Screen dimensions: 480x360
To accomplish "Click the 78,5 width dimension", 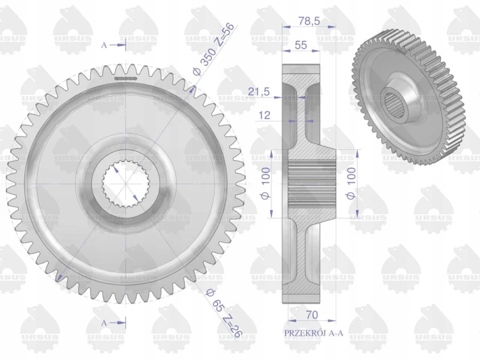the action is tap(308, 21).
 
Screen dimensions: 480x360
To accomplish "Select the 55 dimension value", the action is tap(301, 45).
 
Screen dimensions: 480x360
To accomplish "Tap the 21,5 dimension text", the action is tap(259, 92).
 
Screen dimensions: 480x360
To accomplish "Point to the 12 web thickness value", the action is tap(264, 115).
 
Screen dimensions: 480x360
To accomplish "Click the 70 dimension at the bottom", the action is tap(312, 315).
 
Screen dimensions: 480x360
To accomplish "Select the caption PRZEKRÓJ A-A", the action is tap(314, 332).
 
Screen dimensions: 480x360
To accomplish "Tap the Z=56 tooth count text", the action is tap(225, 35).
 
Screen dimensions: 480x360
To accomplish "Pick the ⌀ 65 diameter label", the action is tap(214, 300).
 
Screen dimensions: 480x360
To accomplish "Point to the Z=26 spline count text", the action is tap(232, 326).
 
